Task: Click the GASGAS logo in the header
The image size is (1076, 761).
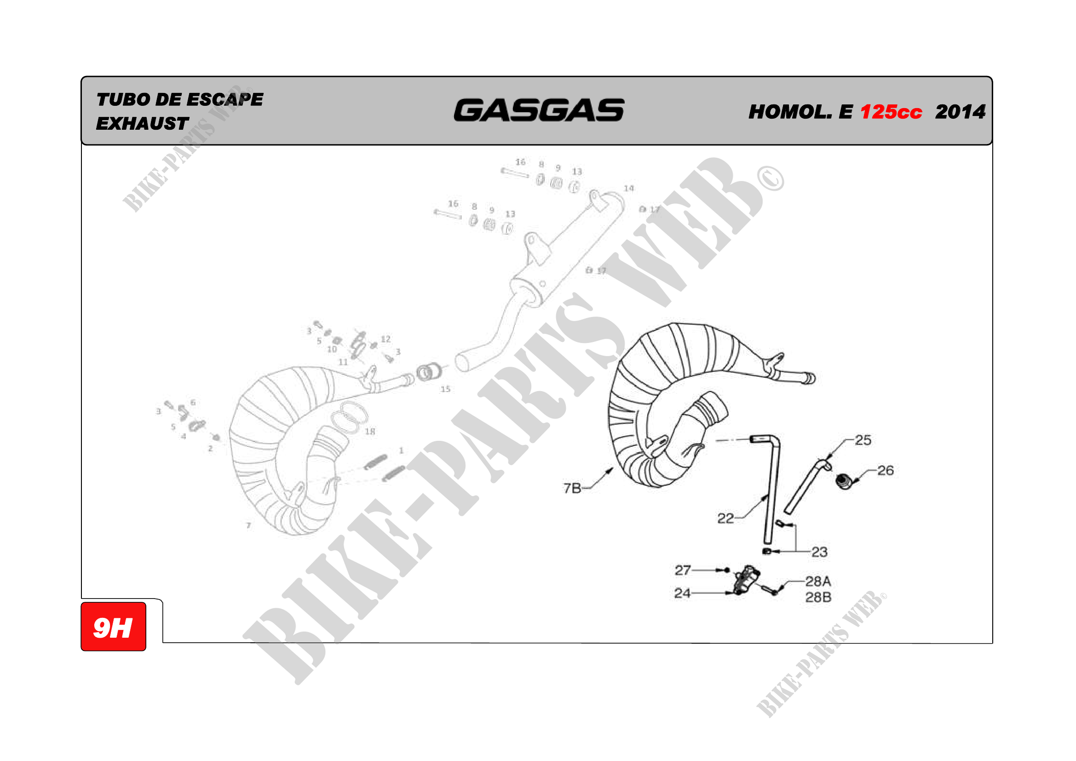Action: tap(539, 110)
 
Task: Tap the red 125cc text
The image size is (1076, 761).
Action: tap(891, 112)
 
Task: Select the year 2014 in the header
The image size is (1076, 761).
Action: tap(960, 112)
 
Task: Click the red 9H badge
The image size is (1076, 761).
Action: tap(114, 627)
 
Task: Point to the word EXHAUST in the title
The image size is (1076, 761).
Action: tap(142, 124)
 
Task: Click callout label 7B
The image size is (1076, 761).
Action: tap(572, 488)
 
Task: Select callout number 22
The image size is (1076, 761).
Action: tap(725, 518)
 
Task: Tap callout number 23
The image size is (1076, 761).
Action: tap(820, 552)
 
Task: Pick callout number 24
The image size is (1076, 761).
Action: tap(682, 593)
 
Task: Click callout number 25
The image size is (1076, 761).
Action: tap(863, 440)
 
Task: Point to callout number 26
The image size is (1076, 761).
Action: tap(885, 471)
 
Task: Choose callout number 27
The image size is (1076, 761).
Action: tap(683, 570)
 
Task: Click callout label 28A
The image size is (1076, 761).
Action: tap(818, 582)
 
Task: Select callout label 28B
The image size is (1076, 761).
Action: tap(818, 598)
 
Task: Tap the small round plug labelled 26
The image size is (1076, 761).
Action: tap(844, 481)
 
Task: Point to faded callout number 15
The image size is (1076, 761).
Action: tap(445, 389)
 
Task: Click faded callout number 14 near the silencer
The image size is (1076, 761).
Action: tap(629, 188)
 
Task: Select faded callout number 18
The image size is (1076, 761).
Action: tap(370, 432)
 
